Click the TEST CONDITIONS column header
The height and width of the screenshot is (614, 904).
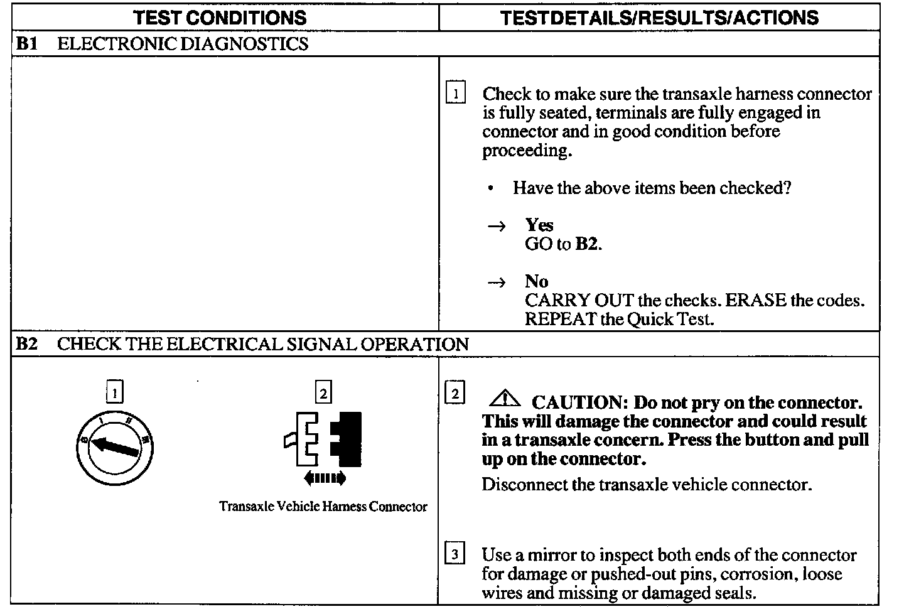[220, 18]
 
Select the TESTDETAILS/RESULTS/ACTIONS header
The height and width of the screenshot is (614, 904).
[659, 18]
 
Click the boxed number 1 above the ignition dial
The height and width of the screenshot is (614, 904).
[114, 393]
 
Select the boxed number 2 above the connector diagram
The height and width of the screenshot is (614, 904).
[323, 393]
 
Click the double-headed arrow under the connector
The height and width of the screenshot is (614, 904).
[324, 479]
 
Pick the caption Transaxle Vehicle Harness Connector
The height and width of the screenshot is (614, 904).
[323, 507]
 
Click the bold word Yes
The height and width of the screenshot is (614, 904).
[539, 225]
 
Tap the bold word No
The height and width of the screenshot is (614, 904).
[536, 281]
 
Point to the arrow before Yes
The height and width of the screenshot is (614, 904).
[497, 227]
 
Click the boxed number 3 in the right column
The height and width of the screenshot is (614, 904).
[455, 554]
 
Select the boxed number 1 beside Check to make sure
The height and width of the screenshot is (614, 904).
[455, 94]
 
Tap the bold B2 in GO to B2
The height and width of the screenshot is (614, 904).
[587, 244]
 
